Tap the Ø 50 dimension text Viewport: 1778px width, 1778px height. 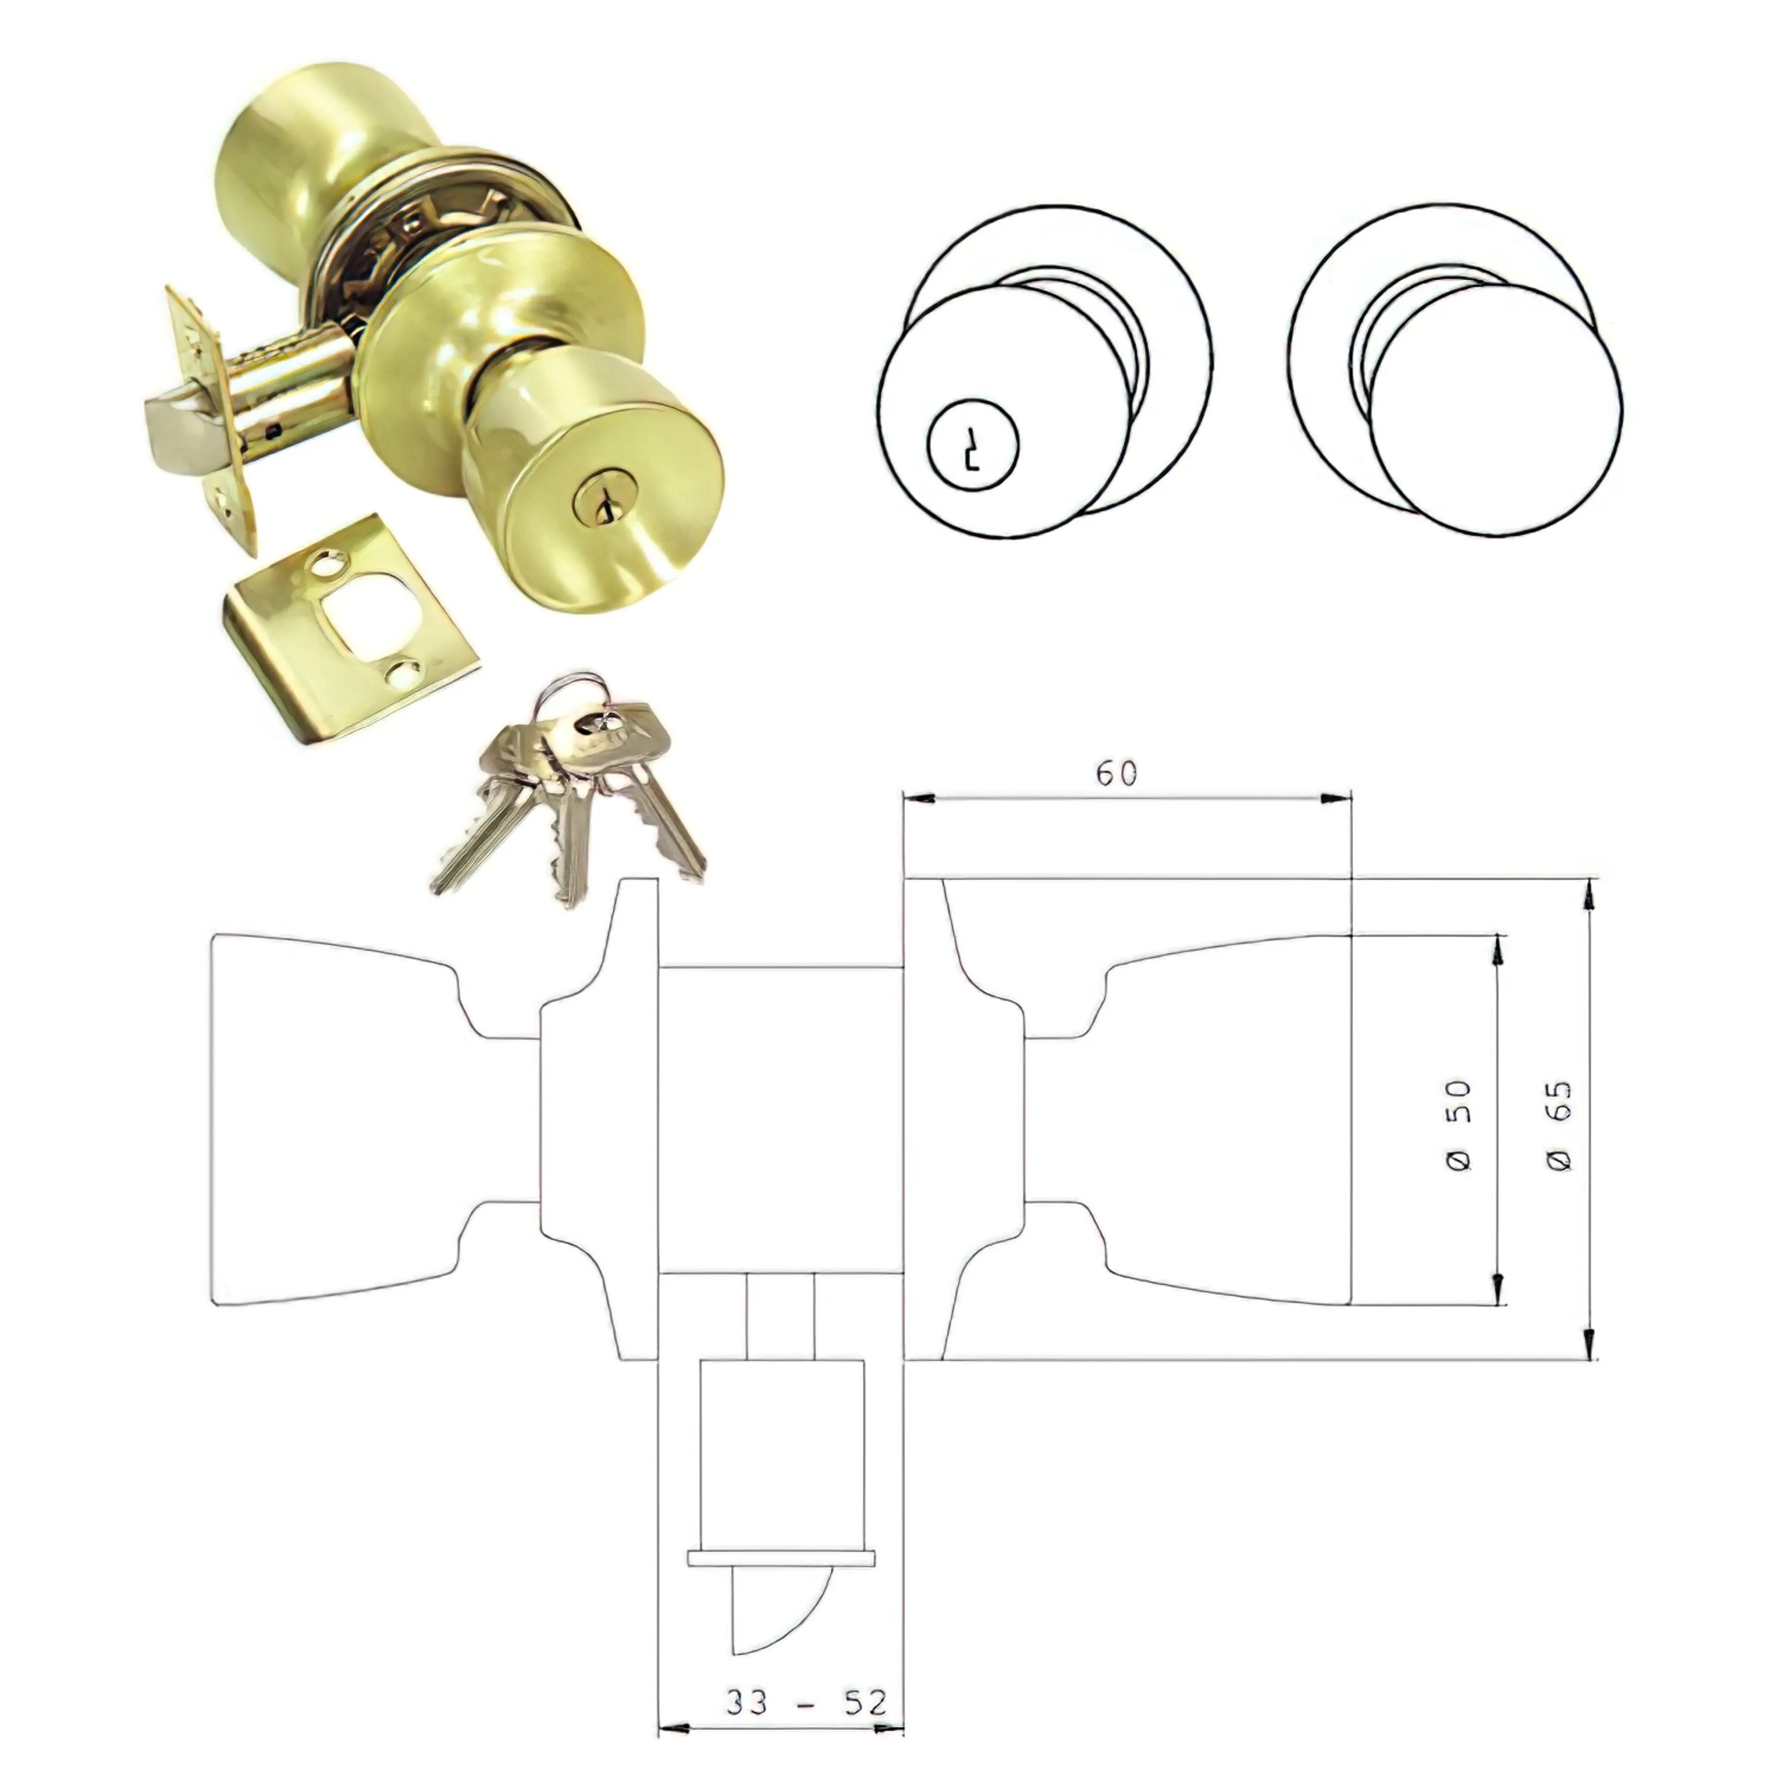point(1459,1125)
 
